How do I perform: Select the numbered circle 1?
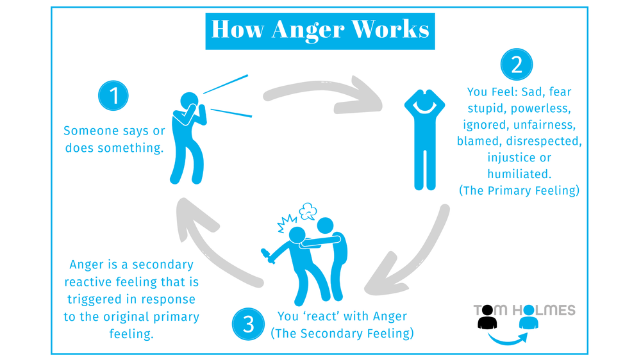pyautogui.click(x=114, y=96)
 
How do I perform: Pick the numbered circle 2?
pyautogui.click(x=517, y=64)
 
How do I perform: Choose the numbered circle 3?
pyautogui.click(x=249, y=323)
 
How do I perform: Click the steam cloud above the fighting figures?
pyautogui.click(x=308, y=210)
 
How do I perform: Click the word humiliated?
pyautogui.click(x=519, y=174)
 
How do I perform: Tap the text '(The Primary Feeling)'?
pyautogui.click(x=519, y=190)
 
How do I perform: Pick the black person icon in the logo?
pyautogui.click(x=487, y=318)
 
